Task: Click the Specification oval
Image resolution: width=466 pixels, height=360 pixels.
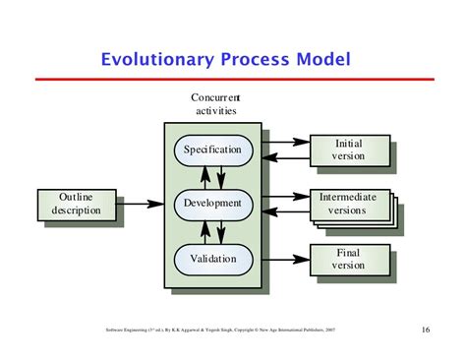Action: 213,150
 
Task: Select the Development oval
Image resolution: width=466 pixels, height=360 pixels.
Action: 213,205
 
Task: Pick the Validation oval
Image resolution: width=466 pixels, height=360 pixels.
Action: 213,260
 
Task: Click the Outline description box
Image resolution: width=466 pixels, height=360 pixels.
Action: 76,205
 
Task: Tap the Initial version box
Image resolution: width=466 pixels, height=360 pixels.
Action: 349,150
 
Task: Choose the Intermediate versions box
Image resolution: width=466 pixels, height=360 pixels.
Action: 349,204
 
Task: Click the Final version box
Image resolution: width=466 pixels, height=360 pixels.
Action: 349,259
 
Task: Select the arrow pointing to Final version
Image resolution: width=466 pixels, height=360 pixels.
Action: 285,260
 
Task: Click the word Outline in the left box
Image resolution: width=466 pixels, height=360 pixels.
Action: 76,198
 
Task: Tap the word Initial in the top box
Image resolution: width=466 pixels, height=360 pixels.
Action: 349,144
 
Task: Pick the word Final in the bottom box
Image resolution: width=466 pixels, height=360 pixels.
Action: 349,253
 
